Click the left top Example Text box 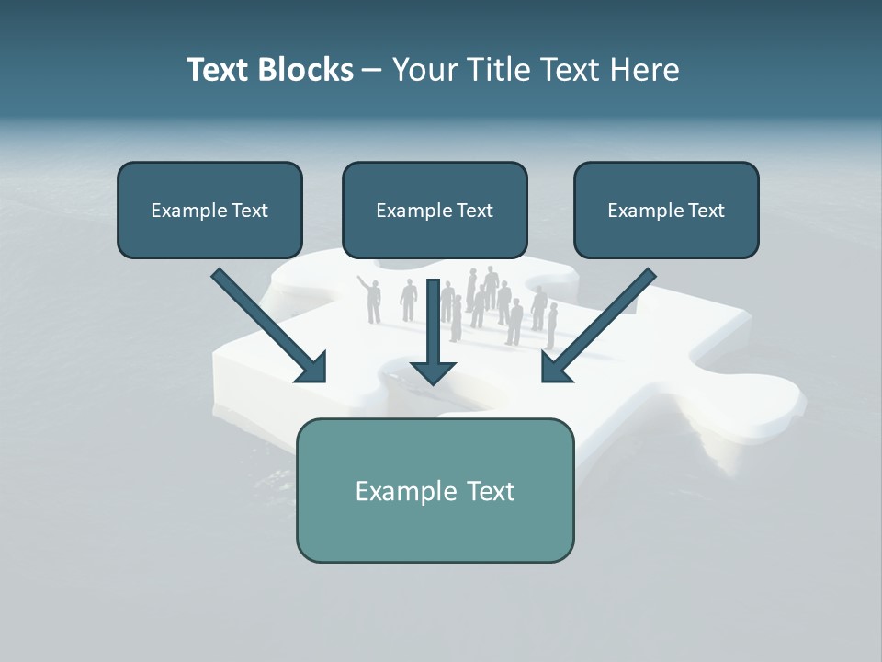tap(209, 210)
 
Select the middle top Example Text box tap(435, 210)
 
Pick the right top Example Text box tap(666, 210)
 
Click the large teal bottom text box tap(435, 490)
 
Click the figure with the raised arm tap(372, 300)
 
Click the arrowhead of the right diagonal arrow tap(557, 367)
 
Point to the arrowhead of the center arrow tap(434, 370)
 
